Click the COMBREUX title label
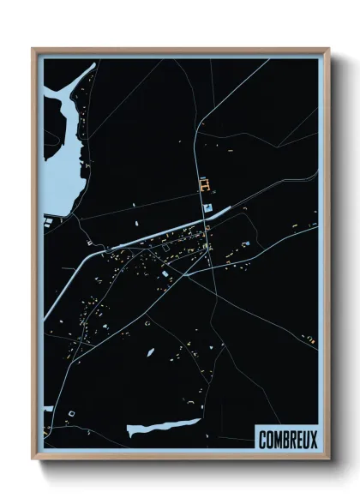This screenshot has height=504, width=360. [286, 440]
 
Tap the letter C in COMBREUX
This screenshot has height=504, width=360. [263, 440]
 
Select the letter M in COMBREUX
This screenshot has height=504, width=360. [277, 440]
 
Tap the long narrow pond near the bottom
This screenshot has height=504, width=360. [163, 426]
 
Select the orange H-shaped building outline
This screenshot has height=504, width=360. [204, 183]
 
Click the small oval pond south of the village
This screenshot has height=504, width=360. [150, 351]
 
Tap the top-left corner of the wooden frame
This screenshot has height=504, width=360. [33, 49]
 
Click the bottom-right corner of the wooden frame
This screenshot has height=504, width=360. [328, 459]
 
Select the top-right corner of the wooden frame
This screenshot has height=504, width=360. [328, 49]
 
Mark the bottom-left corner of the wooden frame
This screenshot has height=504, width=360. [33, 459]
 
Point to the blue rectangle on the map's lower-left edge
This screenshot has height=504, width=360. [48, 409]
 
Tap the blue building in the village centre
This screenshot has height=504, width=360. [165, 273]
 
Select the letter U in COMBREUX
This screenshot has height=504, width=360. [304, 440]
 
